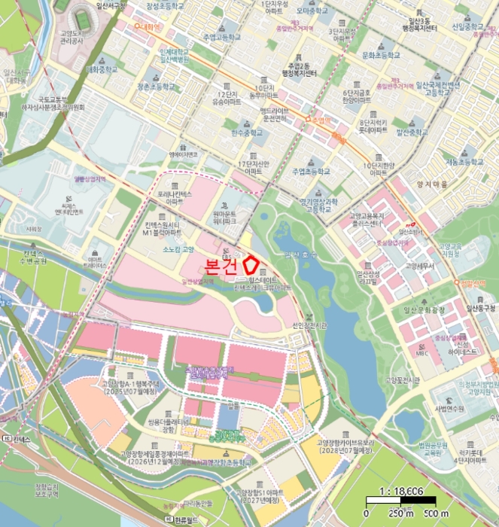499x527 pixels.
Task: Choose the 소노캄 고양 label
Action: coord(178,249)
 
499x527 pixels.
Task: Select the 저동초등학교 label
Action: coord(464,162)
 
